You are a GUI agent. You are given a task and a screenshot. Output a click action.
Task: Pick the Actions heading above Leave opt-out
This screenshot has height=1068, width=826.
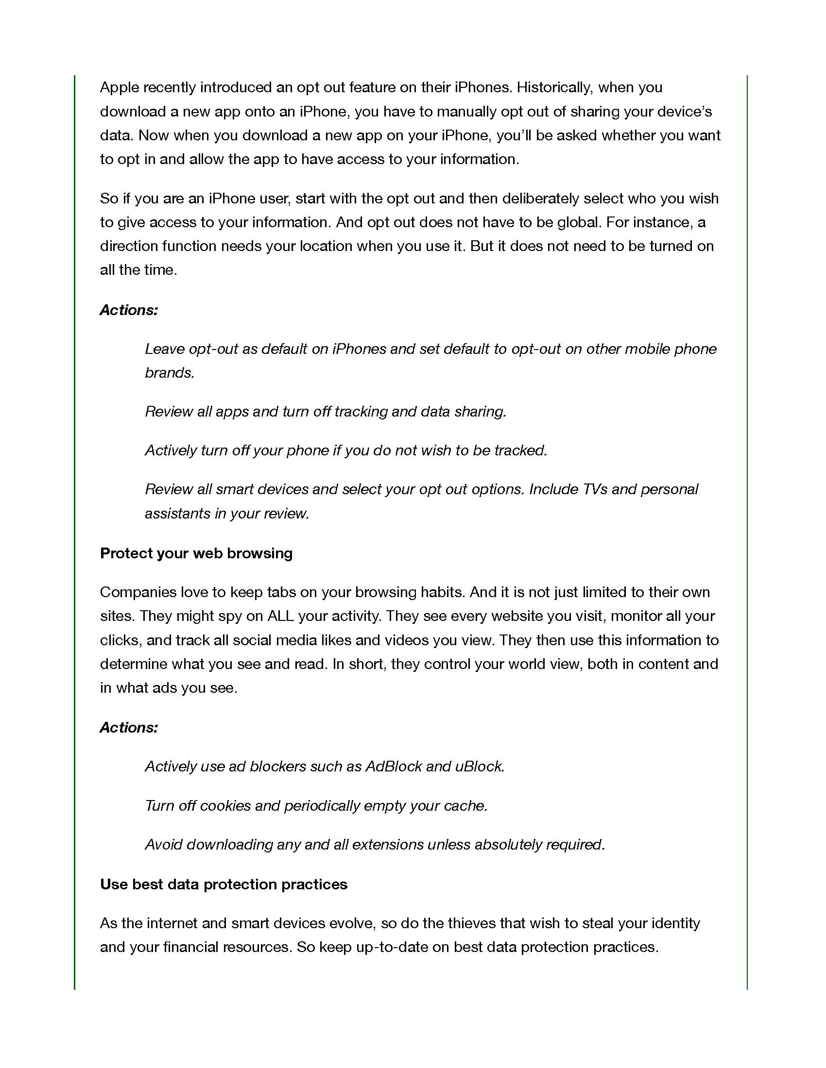tap(129, 310)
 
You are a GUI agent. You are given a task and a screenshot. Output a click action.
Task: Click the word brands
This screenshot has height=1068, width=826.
tap(169, 373)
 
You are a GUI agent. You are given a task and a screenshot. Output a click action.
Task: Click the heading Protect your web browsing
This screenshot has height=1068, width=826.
tap(196, 553)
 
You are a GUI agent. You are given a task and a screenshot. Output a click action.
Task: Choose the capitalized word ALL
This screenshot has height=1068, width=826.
tap(280, 616)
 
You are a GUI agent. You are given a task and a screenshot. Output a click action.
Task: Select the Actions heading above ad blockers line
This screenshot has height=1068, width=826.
tap(129, 728)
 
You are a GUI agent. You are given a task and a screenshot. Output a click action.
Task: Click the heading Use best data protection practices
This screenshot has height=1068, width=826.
tap(224, 884)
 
